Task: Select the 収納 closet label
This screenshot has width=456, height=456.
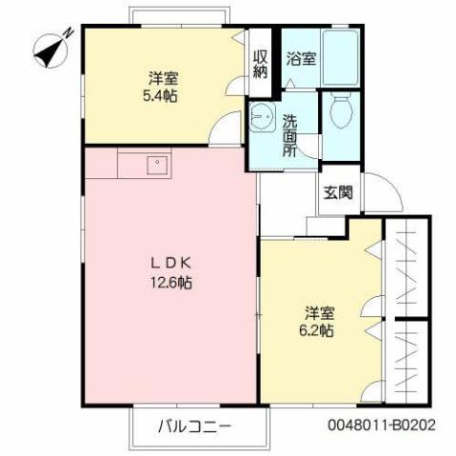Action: click(260, 63)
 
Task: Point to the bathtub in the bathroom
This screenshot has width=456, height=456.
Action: click(341, 58)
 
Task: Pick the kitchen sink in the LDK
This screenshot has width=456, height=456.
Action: click(154, 165)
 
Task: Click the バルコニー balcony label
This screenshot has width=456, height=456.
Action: click(195, 426)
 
